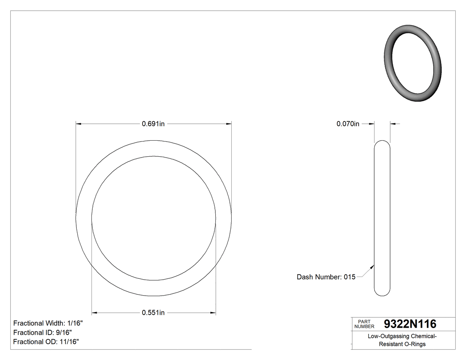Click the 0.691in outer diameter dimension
click(x=153, y=124)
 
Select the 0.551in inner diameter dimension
click(x=153, y=313)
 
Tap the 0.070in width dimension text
click(x=348, y=124)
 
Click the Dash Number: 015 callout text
click(x=326, y=277)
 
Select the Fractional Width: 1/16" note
click(x=48, y=324)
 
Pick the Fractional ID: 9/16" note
click(x=43, y=332)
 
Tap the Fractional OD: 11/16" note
click(x=46, y=342)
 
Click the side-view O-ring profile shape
click(x=382, y=218)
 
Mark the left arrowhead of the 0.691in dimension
click(x=79, y=124)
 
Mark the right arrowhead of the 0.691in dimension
click(x=229, y=124)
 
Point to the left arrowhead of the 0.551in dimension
click(x=94, y=313)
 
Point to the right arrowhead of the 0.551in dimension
click(x=213, y=313)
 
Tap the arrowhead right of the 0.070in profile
click(x=393, y=124)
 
